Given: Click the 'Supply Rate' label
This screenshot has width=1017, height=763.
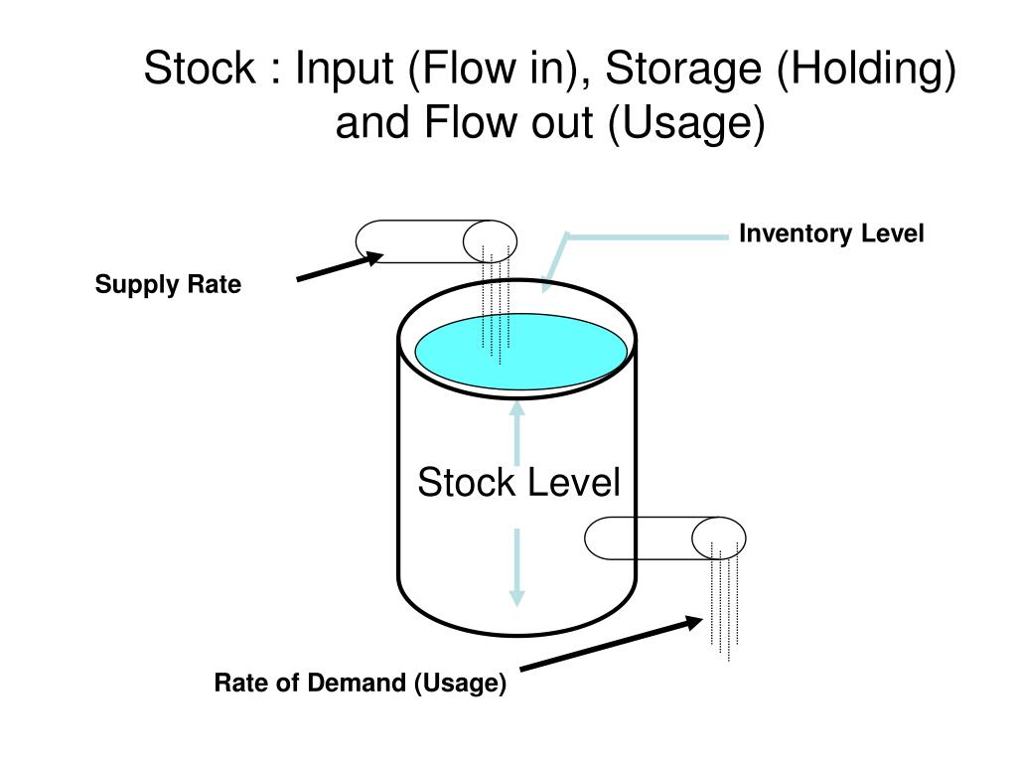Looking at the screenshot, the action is click(x=168, y=285).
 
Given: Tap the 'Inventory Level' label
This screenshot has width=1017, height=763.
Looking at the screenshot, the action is click(x=831, y=233).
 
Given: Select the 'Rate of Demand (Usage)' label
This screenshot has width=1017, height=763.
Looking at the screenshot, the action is click(x=360, y=684).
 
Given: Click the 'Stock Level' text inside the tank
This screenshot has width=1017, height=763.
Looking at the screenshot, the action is click(x=518, y=482).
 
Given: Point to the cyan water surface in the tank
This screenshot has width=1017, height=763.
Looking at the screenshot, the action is click(x=520, y=352).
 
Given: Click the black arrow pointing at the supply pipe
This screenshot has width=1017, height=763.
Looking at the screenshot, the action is click(x=340, y=266).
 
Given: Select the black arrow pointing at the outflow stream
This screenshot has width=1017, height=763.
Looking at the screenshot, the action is click(x=611, y=643).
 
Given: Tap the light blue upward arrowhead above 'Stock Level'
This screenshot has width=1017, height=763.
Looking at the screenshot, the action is click(x=516, y=408).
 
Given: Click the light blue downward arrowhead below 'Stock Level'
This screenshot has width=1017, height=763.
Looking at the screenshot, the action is click(x=516, y=597).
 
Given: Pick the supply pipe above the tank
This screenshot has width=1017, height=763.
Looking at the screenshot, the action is click(x=436, y=241).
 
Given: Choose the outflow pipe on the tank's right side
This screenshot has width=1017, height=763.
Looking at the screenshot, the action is click(x=664, y=537).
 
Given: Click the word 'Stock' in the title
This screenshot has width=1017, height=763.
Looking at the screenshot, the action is click(x=200, y=68).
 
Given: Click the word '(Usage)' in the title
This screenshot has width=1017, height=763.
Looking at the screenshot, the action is click(x=687, y=123).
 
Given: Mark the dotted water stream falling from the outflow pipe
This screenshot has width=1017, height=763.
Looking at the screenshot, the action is click(x=725, y=601).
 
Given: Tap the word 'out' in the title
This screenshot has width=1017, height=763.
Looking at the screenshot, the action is click(x=562, y=123).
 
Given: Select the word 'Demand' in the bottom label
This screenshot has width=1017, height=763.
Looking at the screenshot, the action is click(x=357, y=683).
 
